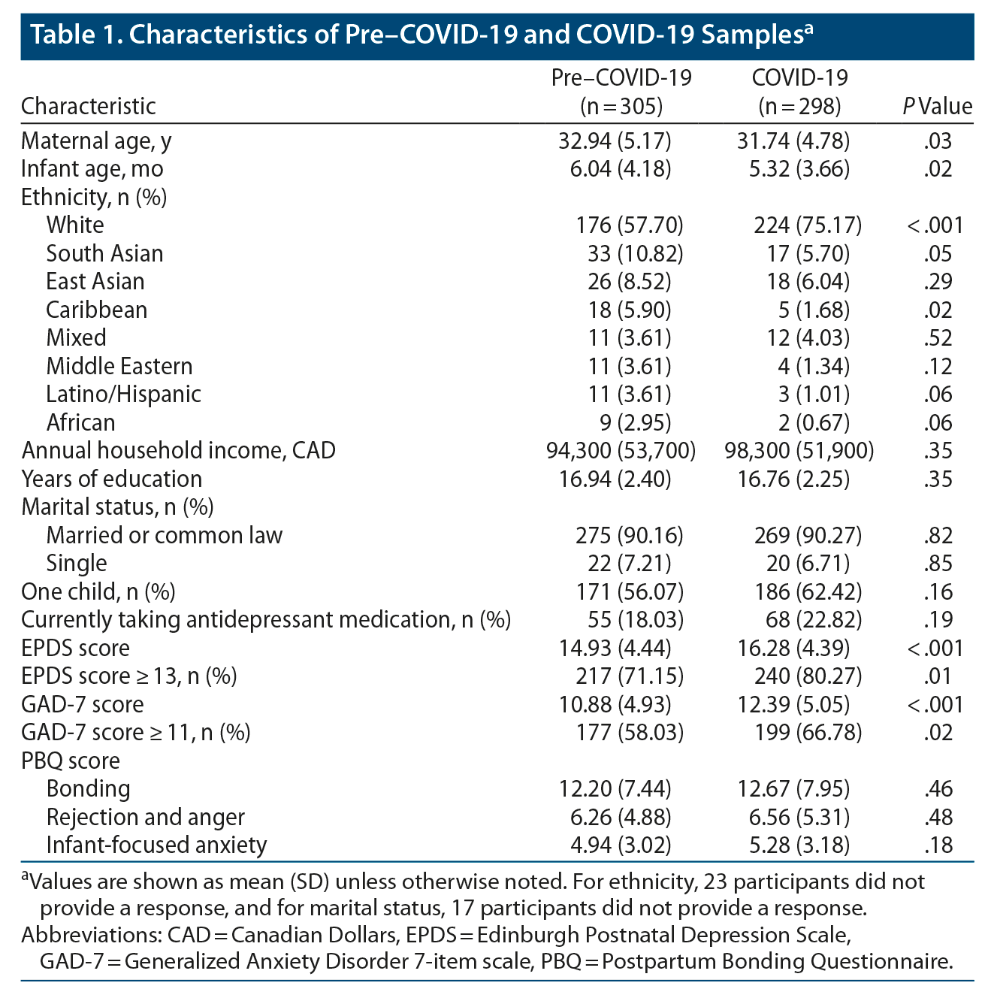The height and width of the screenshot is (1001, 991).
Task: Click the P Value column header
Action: (937, 107)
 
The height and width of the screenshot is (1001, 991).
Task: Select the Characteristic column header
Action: (89, 107)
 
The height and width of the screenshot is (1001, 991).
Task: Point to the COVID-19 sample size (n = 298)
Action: (799, 107)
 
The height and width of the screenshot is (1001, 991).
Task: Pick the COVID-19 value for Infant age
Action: (802, 169)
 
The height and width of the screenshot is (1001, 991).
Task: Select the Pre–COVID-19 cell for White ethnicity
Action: (629, 225)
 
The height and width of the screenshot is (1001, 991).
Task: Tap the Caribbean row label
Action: (96, 310)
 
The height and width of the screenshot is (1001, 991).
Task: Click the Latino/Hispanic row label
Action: (123, 395)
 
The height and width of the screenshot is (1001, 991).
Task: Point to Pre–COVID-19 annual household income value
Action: (621, 451)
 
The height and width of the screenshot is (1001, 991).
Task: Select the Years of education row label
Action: (111, 479)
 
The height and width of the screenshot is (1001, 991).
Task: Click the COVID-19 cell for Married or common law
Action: (808, 536)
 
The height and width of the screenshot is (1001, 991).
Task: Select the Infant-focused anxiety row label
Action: (156, 845)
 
